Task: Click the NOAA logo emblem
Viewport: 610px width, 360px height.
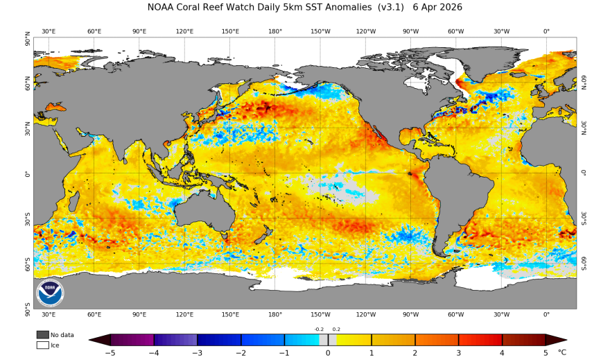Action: (50, 293)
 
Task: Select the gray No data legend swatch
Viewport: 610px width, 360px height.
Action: (42, 335)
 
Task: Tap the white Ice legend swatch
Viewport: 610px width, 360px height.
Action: (42, 345)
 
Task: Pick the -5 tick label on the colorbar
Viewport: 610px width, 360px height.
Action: (110, 353)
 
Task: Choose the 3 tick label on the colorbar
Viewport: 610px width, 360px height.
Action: (458, 353)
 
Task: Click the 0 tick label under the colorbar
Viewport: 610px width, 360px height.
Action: (328, 353)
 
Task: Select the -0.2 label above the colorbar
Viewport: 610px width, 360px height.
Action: (319, 329)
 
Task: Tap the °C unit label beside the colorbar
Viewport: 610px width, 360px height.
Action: (562, 353)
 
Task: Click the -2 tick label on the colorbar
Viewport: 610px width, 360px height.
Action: (241, 353)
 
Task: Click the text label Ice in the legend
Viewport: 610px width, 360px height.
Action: (55, 345)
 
